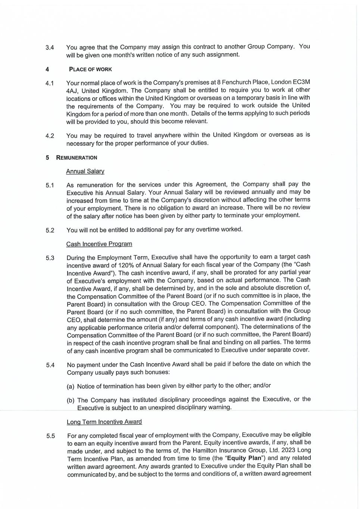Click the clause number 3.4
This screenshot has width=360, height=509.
pos(50,48)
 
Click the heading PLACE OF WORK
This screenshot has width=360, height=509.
pos(90,69)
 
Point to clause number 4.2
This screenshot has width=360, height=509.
pos(50,136)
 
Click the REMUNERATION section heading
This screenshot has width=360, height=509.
pos(76,158)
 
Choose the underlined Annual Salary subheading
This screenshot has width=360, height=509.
pos(85,171)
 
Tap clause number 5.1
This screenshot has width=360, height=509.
pos(50,185)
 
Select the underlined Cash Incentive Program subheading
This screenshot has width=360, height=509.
pos(99,244)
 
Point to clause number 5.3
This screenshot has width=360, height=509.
pos(50,258)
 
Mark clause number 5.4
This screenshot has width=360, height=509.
pos(50,365)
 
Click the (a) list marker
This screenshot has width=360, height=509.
pos(71,386)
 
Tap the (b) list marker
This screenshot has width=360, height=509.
pos(71,400)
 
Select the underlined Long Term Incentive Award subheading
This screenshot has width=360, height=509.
pos(104,422)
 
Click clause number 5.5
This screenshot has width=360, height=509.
pos(51,436)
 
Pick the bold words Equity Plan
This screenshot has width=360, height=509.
pos(244,458)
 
